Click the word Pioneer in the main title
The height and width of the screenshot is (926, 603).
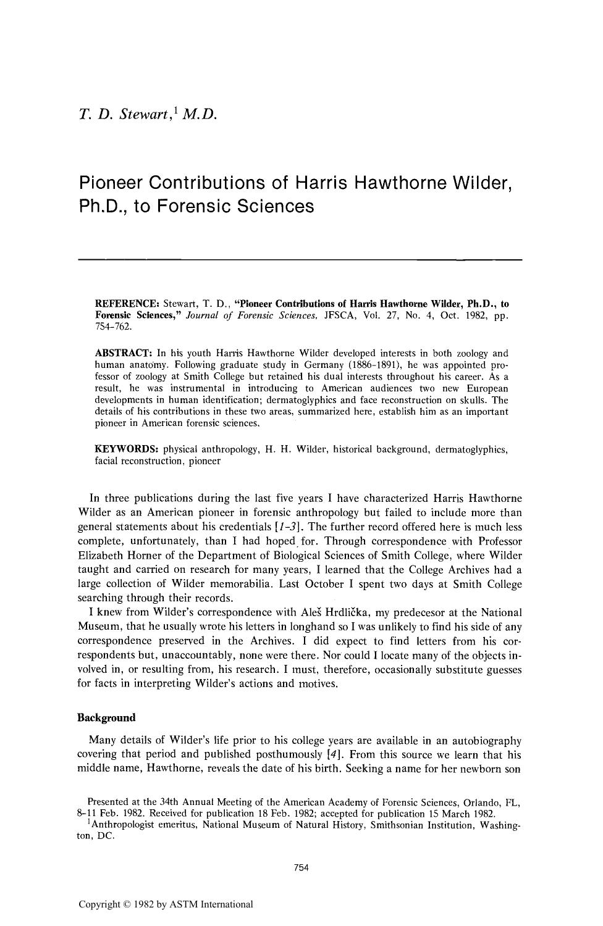point(112,183)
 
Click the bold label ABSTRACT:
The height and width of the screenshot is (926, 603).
point(123,353)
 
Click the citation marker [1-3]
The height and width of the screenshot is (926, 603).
point(286,527)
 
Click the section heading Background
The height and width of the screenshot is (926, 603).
point(106,717)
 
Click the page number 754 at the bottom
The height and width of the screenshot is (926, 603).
point(301,867)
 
